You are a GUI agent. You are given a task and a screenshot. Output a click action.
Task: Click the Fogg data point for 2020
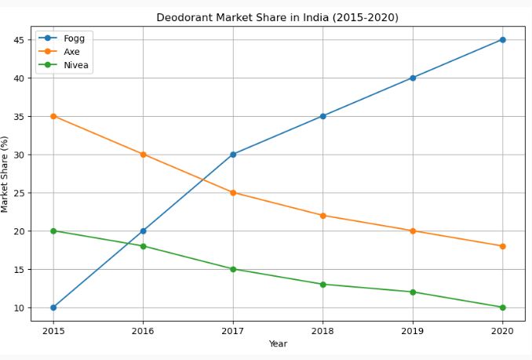pos(502,39)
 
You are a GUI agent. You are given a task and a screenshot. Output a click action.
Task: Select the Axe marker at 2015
pos(53,116)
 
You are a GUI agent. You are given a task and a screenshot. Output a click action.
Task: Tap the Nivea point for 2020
pos(502,307)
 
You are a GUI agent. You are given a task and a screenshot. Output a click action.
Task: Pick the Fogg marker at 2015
pos(53,307)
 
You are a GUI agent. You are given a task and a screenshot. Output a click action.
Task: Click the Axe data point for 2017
pos(233,192)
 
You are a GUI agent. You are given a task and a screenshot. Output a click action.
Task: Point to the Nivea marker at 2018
pos(322,284)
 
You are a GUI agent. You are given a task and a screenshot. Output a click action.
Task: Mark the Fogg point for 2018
pos(322,116)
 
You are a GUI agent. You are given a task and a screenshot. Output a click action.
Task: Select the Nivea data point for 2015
pos(53,231)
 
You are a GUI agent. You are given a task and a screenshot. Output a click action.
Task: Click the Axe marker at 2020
pos(502,246)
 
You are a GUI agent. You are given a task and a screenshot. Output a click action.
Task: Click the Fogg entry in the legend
pos(74,38)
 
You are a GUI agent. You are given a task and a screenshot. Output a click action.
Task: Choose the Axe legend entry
pos(72,52)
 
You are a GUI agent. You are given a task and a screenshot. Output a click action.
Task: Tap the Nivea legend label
pos(76,66)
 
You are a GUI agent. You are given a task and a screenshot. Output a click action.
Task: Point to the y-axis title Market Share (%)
pos(5,173)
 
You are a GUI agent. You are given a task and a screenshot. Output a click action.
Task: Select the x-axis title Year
pos(278,344)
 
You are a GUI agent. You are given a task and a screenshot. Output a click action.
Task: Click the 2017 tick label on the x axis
pos(233,331)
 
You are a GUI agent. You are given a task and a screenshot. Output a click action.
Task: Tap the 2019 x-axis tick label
pos(413,331)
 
